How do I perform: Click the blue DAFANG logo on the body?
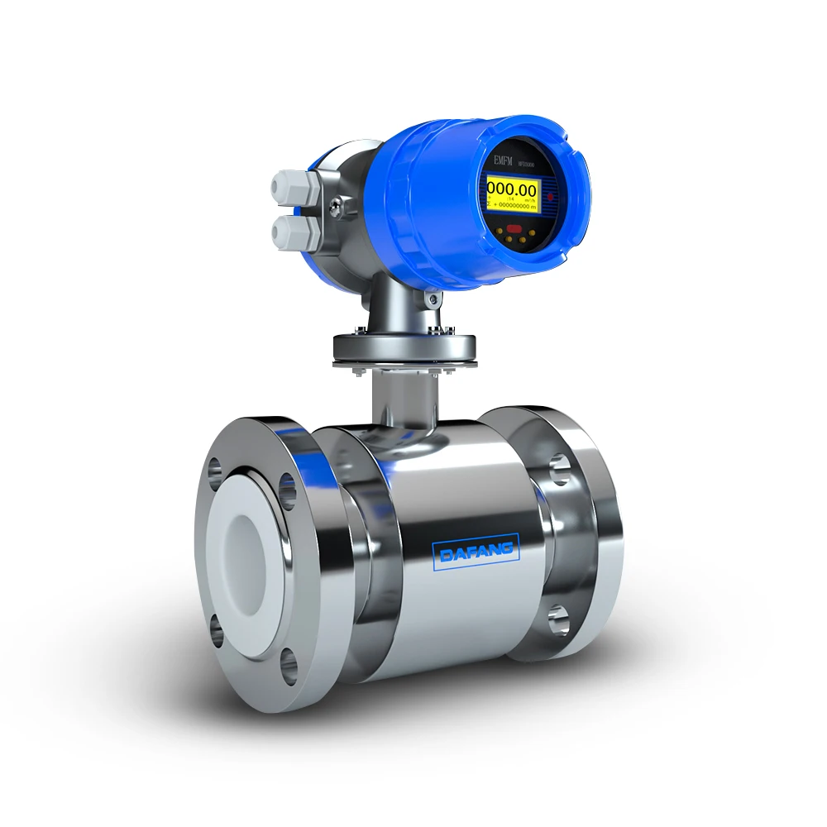point(476,549)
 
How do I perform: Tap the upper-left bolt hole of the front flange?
point(215,470)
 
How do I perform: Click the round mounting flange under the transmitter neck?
point(405,348)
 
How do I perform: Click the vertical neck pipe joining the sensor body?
point(402,401)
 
